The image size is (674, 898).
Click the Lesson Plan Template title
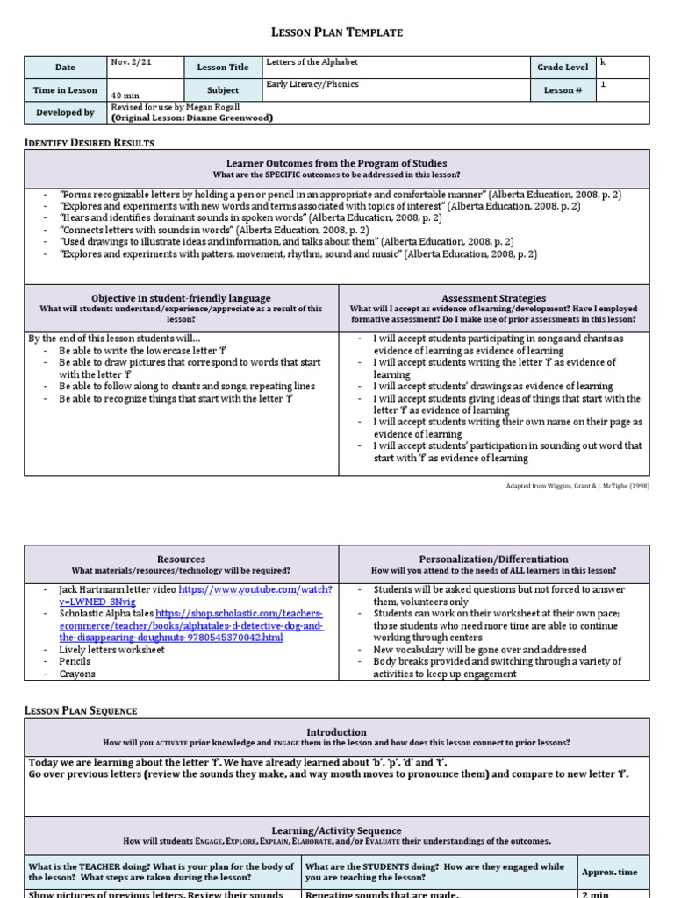pos(337,32)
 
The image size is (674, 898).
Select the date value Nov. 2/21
pos(129,62)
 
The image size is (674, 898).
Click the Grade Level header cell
pos(563,67)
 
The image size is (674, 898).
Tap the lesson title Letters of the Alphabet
pos(312,62)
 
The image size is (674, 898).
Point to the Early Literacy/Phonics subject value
pos(312,85)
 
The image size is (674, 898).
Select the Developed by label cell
pos(65,112)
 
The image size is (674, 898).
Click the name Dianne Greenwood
pos(226,118)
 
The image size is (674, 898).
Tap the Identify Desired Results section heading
pos(89,143)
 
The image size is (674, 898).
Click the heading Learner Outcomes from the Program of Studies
pos(337,163)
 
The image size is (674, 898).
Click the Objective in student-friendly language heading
pos(181,298)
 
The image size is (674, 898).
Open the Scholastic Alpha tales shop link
pos(240,614)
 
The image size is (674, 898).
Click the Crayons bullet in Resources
pos(77,674)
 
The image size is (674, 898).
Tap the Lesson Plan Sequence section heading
pos(81,710)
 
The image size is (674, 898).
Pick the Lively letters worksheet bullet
pos(111,650)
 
